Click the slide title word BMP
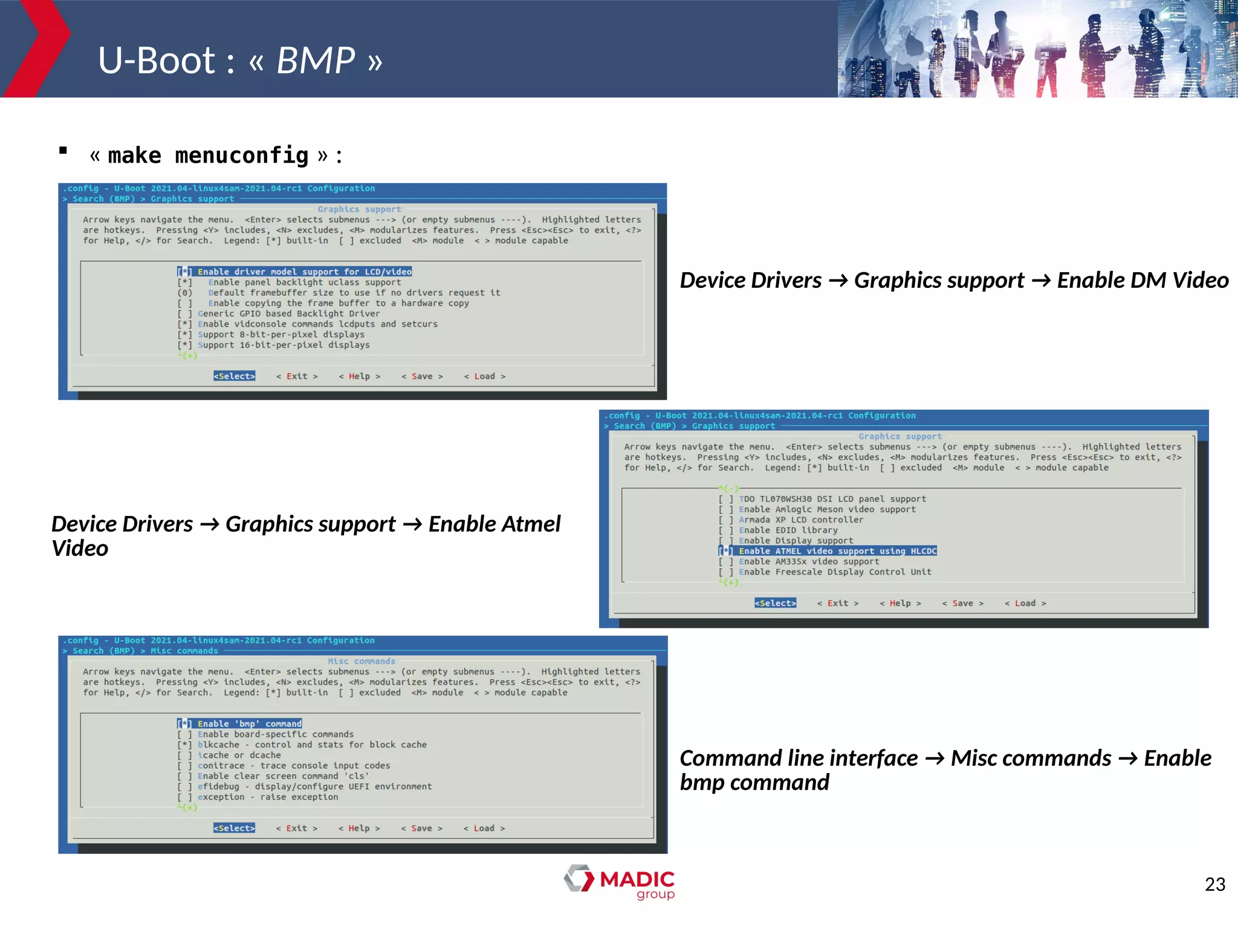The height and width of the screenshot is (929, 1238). click(x=316, y=60)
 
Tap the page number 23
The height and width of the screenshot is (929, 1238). click(x=1214, y=884)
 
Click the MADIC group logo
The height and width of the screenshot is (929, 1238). click(x=620, y=881)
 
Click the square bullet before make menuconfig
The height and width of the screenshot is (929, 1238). click(x=63, y=151)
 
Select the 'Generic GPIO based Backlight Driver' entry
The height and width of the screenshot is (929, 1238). click(x=288, y=313)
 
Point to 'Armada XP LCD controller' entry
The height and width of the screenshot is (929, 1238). click(x=800, y=520)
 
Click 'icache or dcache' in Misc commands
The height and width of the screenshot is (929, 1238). click(x=239, y=755)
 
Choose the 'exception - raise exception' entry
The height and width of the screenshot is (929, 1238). click(x=268, y=797)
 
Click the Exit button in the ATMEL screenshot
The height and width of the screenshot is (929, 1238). click(x=837, y=603)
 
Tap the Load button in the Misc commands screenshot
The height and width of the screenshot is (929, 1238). click(x=484, y=828)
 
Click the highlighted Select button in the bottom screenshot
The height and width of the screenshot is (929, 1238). click(x=234, y=828)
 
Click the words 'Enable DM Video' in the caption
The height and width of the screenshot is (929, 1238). click(x=1142, y=280)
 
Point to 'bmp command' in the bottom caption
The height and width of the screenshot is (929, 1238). click(x=754, y=783)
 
